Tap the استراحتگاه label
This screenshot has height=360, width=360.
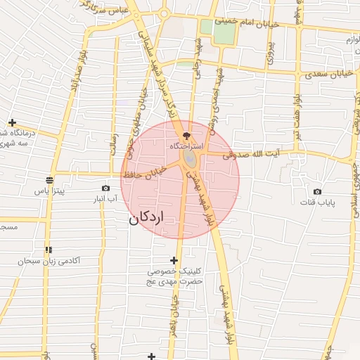[x=186, y=146]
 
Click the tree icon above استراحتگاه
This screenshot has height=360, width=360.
[x=186, y=135]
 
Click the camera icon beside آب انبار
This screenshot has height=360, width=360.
[x=105, y=188]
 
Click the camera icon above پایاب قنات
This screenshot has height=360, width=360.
[x=317, y=192]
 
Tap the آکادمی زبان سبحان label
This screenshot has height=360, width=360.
[x=50, y=261]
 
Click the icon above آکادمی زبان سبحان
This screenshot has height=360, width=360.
[x=49, y=250]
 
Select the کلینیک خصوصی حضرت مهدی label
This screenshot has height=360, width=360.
[x=174, y=276]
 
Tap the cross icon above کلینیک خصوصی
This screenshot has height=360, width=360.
[x=174, y=261]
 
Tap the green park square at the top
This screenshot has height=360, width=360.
[x=224, y=32]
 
